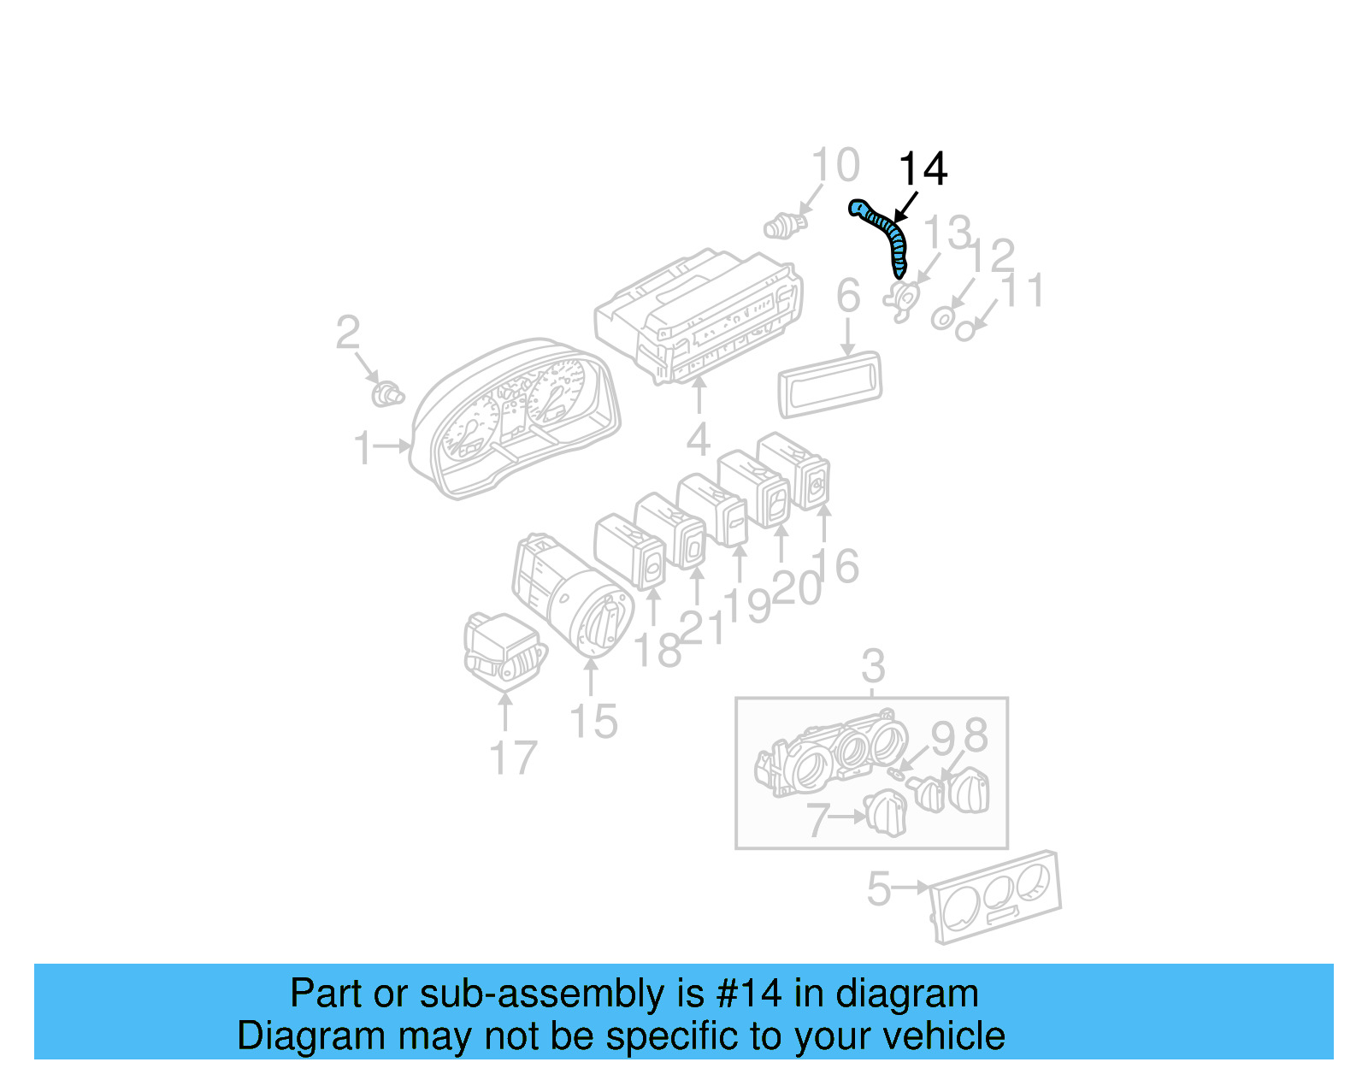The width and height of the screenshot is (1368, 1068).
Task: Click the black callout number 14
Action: [923, 169]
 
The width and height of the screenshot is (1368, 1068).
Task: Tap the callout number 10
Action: [834, 166]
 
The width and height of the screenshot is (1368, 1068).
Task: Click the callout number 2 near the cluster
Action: [347, 333]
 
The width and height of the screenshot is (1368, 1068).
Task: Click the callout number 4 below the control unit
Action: [699, 440]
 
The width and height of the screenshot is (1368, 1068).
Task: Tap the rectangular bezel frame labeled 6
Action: [828, 384]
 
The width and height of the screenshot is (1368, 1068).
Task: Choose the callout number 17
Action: [513, 758]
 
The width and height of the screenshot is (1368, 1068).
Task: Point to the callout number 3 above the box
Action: [872, 665]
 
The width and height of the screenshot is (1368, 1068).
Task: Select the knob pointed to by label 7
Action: [885, 813]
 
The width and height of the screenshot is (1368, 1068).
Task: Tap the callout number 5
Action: [879, 889]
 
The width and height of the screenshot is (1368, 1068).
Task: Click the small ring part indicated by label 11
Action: [964, 331]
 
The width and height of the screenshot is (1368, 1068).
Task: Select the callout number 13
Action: [947, 233]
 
